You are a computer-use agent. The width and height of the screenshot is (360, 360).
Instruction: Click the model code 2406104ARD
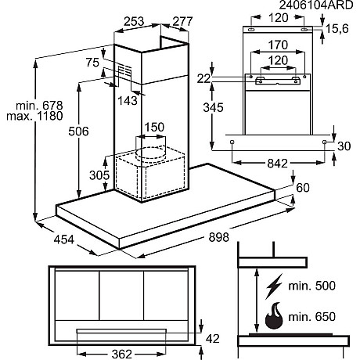click(316, 5)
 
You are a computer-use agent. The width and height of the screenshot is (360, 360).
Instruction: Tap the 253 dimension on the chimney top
click(134, 21)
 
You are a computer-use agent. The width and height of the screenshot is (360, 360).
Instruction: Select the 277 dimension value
click(182, 21)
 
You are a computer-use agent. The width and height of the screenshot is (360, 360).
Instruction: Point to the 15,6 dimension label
click(337, 29)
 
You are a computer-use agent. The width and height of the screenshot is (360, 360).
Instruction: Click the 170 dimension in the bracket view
click(278, 45)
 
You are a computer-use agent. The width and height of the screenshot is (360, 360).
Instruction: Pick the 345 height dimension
click(214, 107)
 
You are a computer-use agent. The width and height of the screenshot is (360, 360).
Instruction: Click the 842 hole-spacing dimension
click(278, 164)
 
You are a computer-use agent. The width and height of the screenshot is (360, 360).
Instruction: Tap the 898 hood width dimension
click(219, 237)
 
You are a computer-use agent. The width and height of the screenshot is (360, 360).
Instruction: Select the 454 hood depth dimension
click(64, 239)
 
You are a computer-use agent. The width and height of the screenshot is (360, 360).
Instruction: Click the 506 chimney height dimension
click(78, 131)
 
